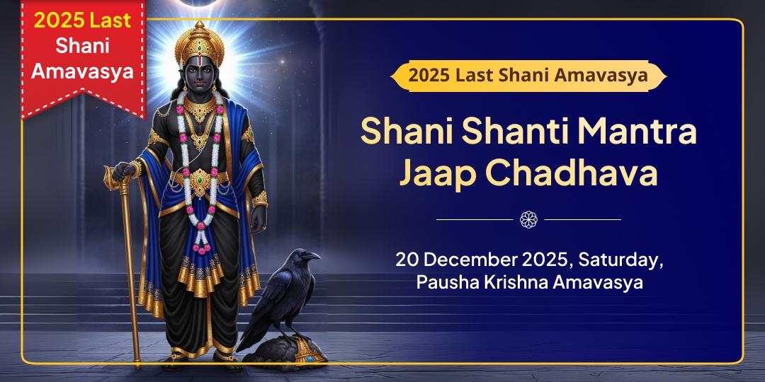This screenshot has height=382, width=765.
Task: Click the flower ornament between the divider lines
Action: tap(528, 219)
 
